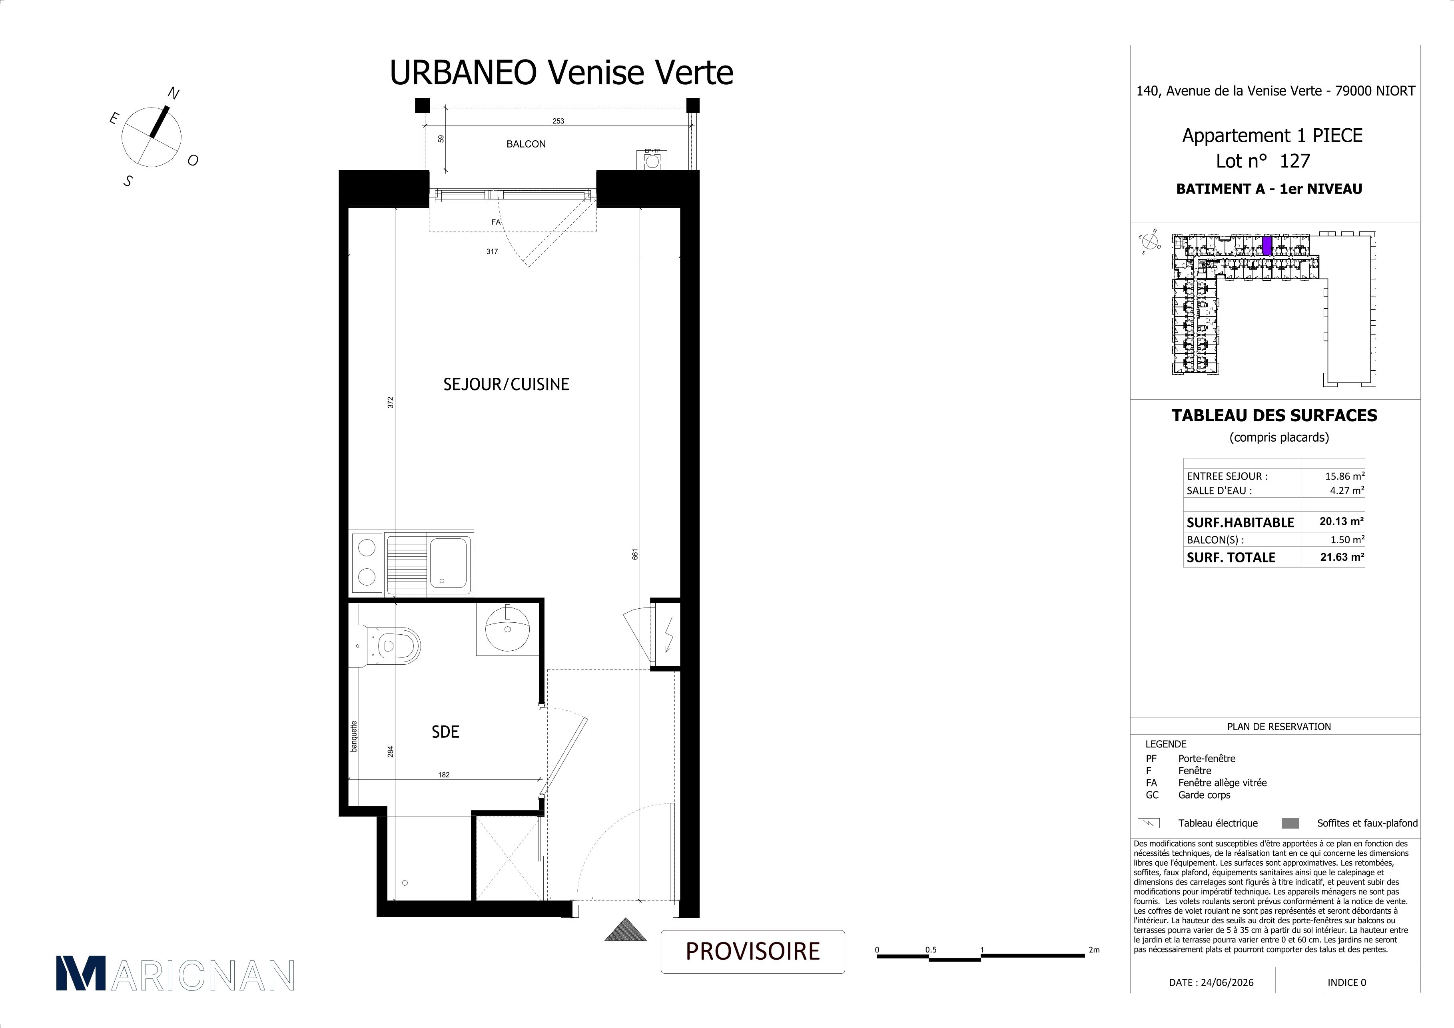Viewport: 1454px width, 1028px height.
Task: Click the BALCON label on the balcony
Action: click(x=526, y=144)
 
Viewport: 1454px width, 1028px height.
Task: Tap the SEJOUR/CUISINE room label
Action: click(x=506, y=384)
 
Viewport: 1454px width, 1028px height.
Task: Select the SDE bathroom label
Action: click(x=445, y=732)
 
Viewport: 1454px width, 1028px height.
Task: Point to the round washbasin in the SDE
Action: click(x=507, y=627)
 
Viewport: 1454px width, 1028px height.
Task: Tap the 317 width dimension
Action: click(x=492, y=251)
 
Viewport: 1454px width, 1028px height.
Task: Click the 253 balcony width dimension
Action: click(x=558, y=121)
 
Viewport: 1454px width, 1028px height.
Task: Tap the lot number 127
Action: click(x=1294, y=161)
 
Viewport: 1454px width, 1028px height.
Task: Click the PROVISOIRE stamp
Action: click(x=753, y=951)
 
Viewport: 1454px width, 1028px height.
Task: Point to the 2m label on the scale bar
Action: click(x=1094, y=950)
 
